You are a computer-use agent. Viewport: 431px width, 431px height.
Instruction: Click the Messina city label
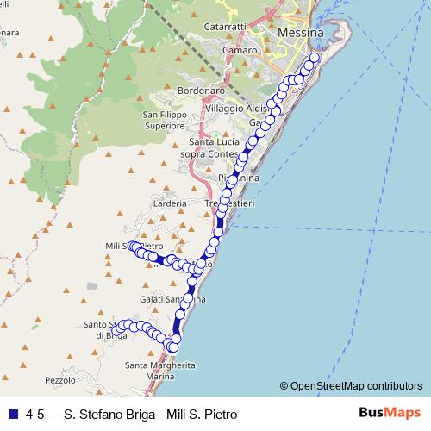[301, 32]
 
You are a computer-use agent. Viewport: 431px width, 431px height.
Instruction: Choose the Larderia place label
[172, 203]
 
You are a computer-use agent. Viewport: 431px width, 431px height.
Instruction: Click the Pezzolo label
[59, 379]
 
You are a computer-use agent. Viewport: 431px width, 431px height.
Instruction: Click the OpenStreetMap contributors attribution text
[351, 385]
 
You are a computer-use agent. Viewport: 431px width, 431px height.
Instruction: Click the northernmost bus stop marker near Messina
[314, 59]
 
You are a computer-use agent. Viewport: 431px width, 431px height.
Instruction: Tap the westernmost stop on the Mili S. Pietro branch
[133, 247]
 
